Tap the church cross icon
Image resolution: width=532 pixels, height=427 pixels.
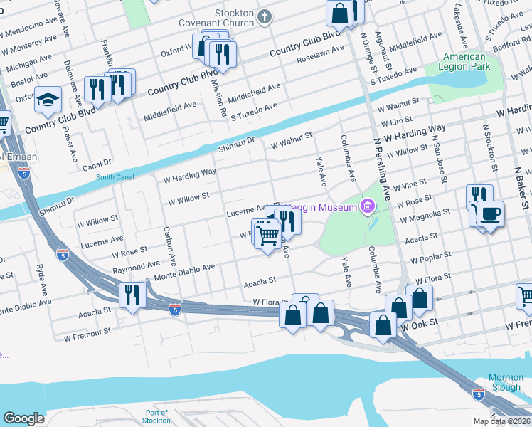click(265, 17)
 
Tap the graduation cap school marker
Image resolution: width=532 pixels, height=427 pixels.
click(48, 99)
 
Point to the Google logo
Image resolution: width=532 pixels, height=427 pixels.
click(23, 418)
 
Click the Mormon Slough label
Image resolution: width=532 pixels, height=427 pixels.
click(506, 382)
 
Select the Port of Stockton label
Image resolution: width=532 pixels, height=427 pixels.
click(156, 417)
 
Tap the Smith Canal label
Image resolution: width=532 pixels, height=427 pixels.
click(115, 177)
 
